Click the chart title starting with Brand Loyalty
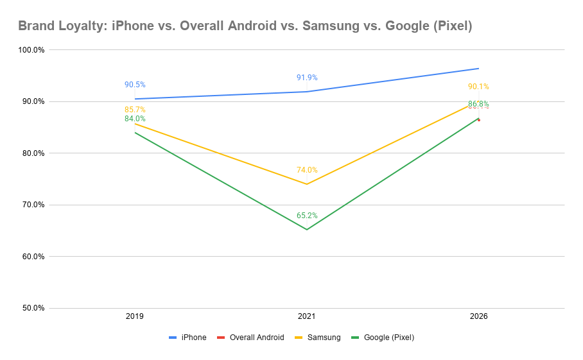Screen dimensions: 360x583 (x=245, y=26)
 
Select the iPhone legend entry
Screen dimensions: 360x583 (x=193, y=338)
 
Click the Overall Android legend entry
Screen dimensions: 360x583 (x=256, y=338)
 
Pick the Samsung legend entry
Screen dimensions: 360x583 (x=324, y=338)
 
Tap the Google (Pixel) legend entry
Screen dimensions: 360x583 (x=388, y=338)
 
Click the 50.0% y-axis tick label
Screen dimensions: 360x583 (x=32, y=308)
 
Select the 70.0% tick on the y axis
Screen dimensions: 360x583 (x=32, y=205)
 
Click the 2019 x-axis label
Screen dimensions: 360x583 (x=135, y=317)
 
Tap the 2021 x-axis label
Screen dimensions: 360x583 (x=307, y=317)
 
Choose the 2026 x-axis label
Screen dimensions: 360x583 (x=478, y=317)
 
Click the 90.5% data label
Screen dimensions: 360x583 (x=135, y=85)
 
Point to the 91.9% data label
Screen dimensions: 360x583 (x=307, y=78)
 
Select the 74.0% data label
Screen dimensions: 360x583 (x=307, y=170)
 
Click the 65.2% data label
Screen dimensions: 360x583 (x=307, y=216)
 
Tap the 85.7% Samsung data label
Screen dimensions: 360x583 (x=135, y=110)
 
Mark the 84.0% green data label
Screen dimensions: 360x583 (x=135, y=119)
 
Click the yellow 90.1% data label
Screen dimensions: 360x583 (x=478, y=87)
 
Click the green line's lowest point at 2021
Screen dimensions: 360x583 (x=307, y=229)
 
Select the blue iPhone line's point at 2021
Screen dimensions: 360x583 (x=307, y=92)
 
